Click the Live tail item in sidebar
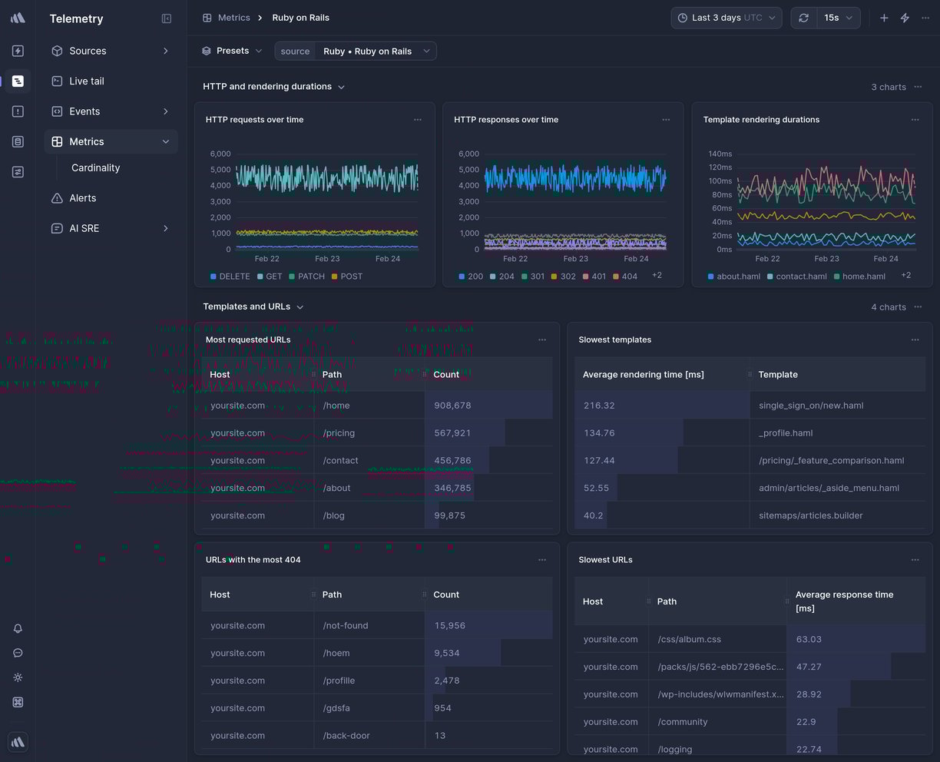[86, 81]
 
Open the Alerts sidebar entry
[82, 198]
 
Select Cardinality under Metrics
[95, 167]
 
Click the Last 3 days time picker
[726, 18]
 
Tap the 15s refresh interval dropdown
[838, 18]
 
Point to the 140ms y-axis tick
[720, 154]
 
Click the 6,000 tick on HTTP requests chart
[220, 154]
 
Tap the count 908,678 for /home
[452, 406]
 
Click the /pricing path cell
[339, 433]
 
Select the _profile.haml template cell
[786, 433]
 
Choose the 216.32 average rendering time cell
[599, 406]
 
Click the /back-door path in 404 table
[346, 736]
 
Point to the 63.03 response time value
[809, 639]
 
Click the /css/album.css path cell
[689, 639]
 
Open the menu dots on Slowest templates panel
[915, 340]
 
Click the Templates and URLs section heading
[247, 306]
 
